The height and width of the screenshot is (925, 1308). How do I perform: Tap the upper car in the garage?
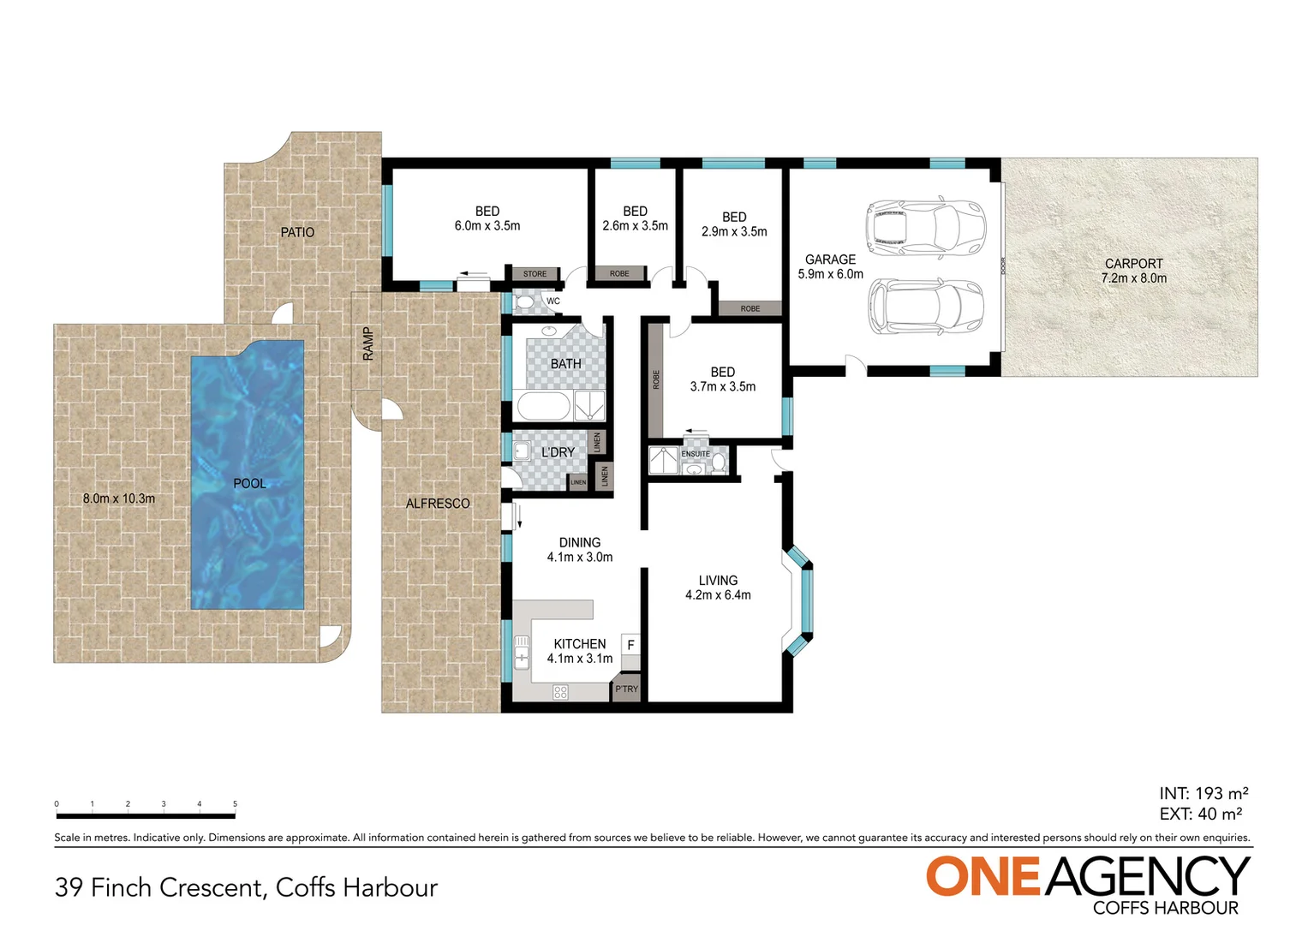point(926,228)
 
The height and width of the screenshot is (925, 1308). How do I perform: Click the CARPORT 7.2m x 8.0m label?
point(1133,271)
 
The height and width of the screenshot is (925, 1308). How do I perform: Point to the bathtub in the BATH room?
point(543,407)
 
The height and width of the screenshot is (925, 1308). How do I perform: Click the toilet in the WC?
point(524,301)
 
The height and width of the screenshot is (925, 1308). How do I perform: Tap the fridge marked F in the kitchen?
point(630,645)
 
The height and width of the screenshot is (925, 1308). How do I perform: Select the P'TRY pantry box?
point(626,689)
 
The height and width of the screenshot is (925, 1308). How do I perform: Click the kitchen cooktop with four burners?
point(560,691)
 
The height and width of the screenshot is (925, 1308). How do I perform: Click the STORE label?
point(535,274)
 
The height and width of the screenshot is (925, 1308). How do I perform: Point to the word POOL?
point(249,484)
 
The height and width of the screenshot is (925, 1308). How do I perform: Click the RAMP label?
point(368,343)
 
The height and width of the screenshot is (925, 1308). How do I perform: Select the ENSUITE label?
point(696,454)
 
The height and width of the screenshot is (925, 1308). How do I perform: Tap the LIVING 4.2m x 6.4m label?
point(718,588)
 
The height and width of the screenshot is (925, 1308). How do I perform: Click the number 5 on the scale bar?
point(235,804)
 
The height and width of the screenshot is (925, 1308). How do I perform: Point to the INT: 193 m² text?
point(1203,794)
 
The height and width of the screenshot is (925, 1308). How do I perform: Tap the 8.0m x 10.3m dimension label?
point(119,498)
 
